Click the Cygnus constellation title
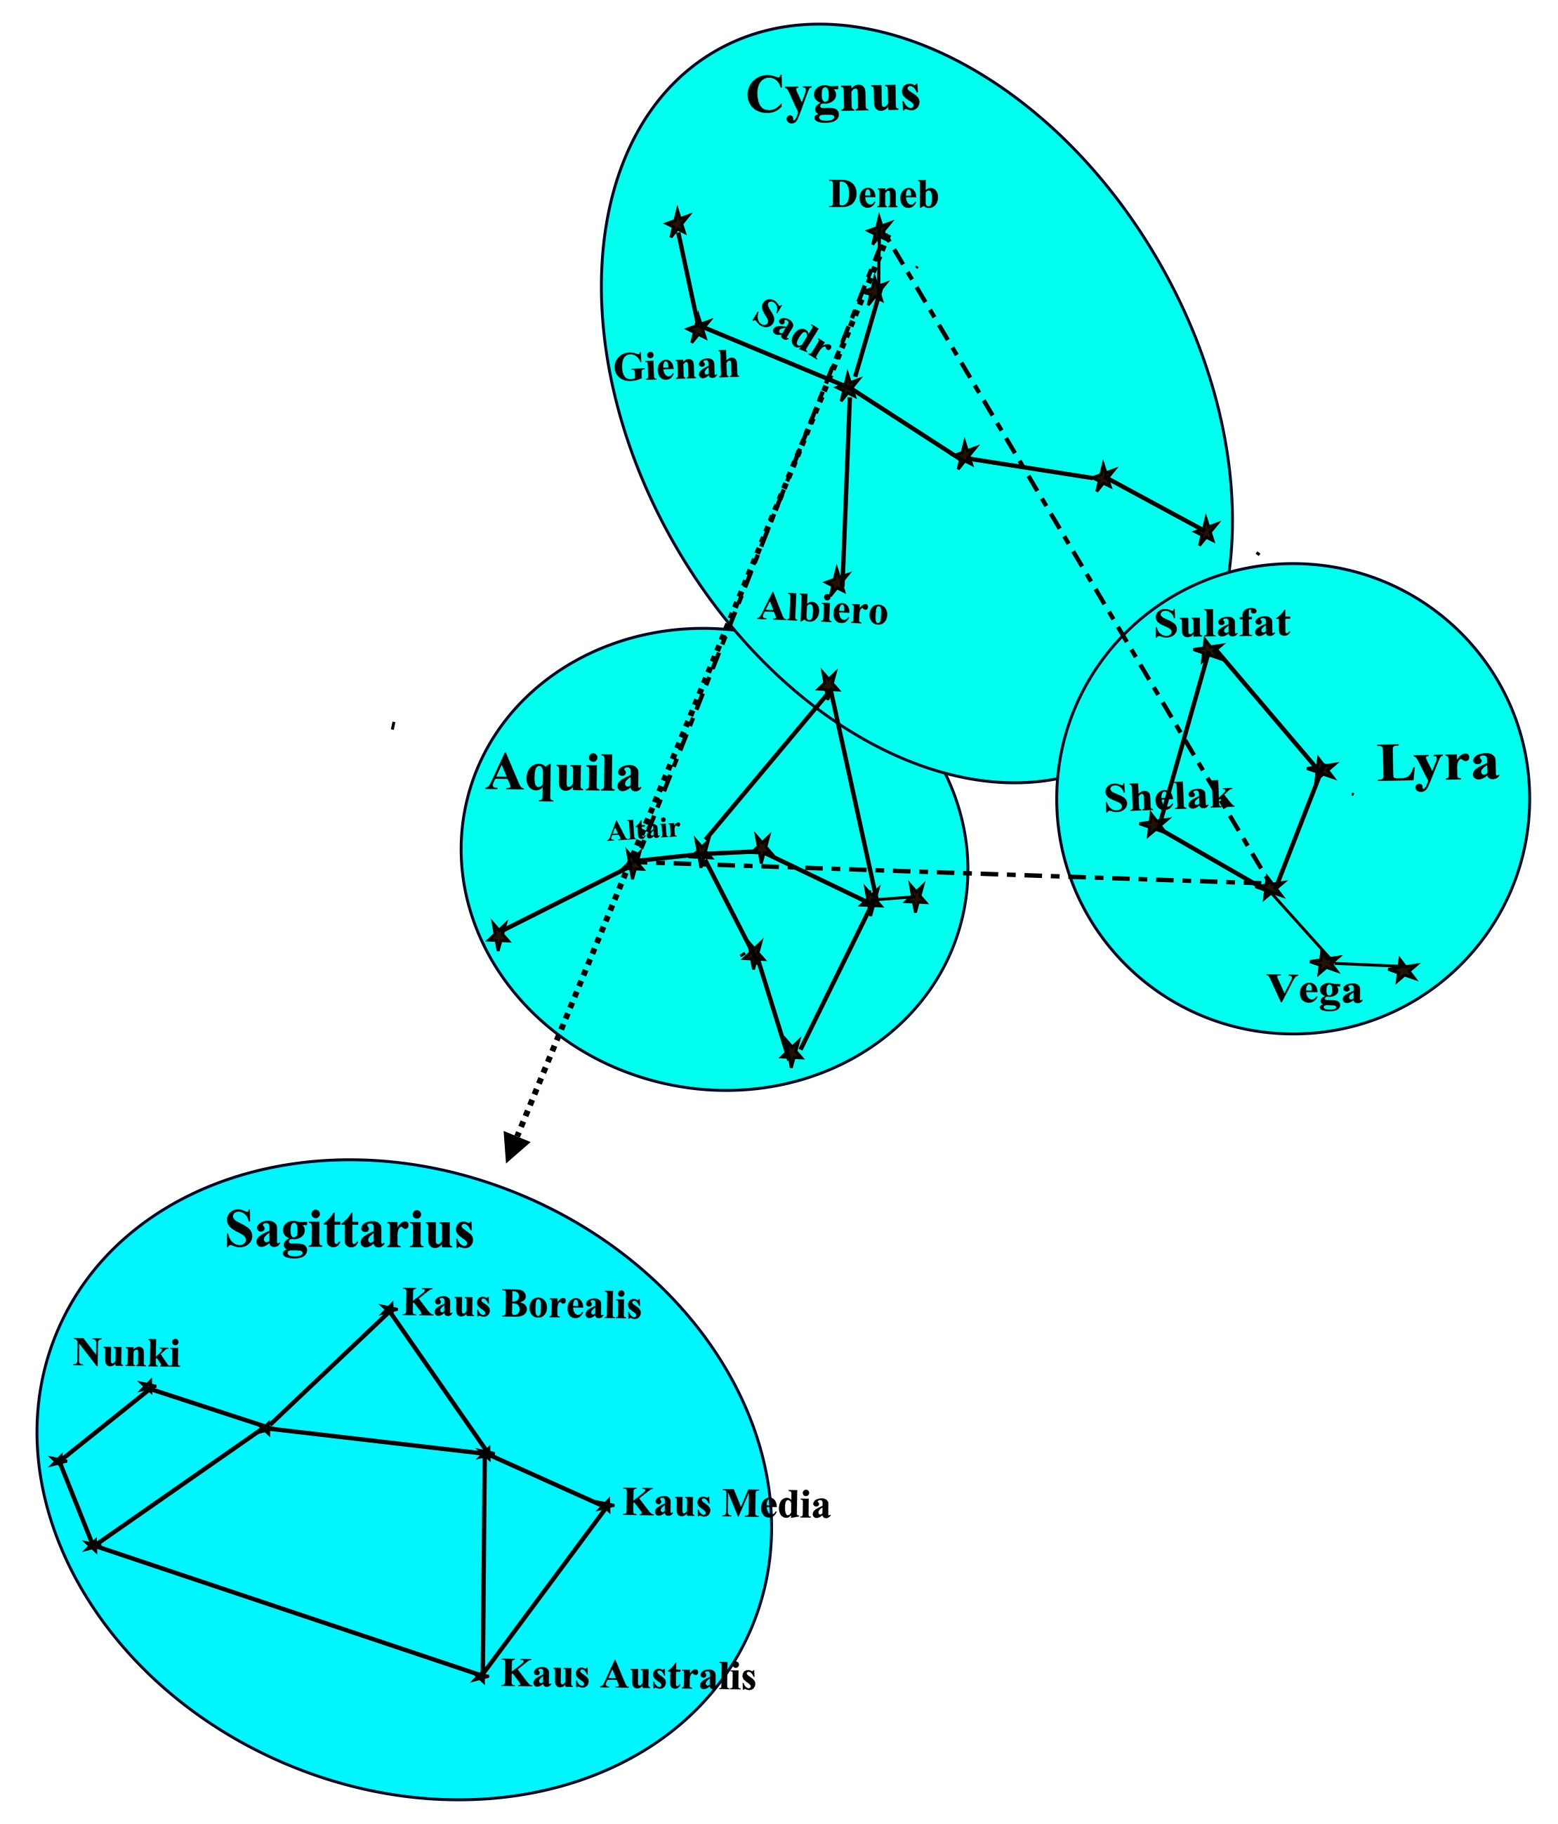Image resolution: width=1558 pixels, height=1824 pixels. [832, 95]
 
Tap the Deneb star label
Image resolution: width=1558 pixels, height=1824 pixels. [884, 195]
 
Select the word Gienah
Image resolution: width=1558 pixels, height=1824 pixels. [676, 365]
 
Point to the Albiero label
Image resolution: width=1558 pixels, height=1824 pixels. [823, 608]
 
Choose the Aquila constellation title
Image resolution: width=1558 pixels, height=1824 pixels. [563, 775]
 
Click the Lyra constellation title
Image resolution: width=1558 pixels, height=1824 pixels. [1437, 763]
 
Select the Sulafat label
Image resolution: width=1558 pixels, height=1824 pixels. [1222, 623]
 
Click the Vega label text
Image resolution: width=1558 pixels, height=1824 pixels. [1314, 990]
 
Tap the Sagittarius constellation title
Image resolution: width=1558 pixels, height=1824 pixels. [350, 1230]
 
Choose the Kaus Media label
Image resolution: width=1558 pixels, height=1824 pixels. [726, 1504]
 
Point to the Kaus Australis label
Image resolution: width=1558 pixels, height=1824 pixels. [628, 1674]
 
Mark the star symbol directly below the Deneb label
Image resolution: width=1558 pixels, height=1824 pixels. [879, 232]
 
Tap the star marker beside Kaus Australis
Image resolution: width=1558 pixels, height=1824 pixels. [480, 1675]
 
